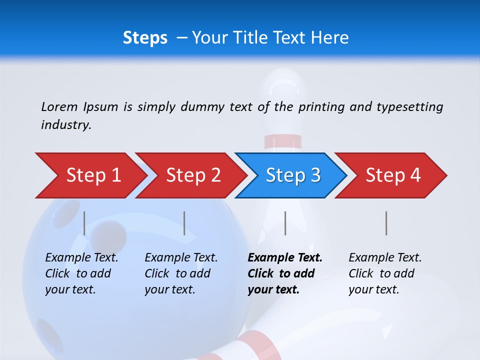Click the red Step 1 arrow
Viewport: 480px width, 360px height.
[x=90, y=175]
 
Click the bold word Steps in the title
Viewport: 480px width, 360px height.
[x=145, y=38]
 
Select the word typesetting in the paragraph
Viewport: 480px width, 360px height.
[x=409, y=106]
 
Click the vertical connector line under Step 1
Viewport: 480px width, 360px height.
[x=84, y=223]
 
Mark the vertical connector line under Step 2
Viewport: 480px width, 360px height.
[x=184, y=223]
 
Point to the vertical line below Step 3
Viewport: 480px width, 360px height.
[x=285, y=223]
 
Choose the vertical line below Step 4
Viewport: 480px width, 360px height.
[x=386, y=223]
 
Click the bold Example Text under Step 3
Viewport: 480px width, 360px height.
[x=285, y=258]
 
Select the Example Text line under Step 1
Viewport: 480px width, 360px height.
[x=81, y=258]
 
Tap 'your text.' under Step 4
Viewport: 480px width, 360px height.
[x=373, y=289]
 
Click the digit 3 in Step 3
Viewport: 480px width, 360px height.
[x=315, y=175]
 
